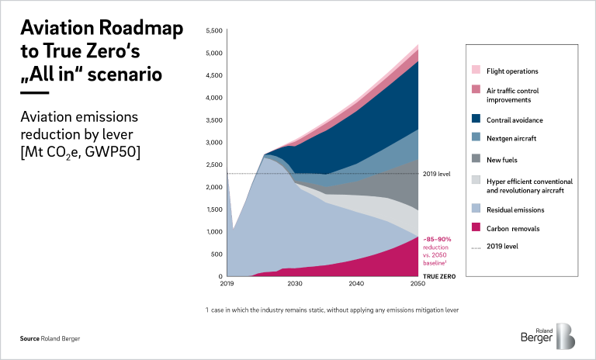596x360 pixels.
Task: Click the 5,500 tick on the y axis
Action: (x=212, y=31)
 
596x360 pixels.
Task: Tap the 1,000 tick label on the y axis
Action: (x=212, y=232)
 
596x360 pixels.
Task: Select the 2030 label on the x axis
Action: (x=294, y=285)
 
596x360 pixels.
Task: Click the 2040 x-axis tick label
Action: (x=356, y=285)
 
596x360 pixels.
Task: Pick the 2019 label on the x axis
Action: (x=227, y=285)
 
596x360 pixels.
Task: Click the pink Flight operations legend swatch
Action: (x=476, y=71)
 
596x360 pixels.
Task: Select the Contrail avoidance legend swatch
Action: (x=476, y=120)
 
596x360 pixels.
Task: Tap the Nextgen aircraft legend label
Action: (x=512, y=137)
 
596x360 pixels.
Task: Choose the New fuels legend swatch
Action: (x=476, y=158)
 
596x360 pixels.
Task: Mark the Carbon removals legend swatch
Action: (x=476, y=228)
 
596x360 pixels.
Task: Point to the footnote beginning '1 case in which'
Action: (x=333, y=310)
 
